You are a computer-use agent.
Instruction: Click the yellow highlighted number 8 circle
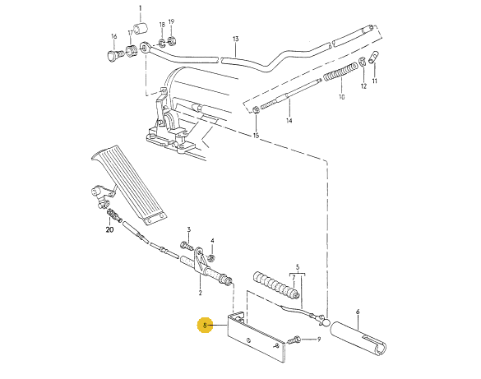coord(206,325)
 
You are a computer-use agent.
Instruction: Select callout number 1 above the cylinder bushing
coord(141,8)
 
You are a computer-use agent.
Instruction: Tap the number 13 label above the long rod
coord(235,39)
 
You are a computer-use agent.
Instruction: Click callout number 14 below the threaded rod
coord(289,121)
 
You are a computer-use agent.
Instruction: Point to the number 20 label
coord(109,229)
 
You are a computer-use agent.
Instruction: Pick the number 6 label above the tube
coord(358,312)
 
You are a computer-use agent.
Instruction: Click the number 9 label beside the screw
coord(319,340)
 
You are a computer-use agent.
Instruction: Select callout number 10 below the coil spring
coord(342,97)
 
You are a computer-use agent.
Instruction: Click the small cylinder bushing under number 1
coord(141,27)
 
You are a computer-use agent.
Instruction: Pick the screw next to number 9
coord(294,340)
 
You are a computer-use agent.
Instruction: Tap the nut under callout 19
coord(171,40)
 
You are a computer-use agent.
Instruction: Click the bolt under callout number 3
coord(187,245)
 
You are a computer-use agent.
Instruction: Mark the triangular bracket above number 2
coord(201,260)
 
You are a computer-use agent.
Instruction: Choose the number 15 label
coord(257,135)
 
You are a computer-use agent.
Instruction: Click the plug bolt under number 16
coord(115,56)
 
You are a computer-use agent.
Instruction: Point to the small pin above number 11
coord(373,57)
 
